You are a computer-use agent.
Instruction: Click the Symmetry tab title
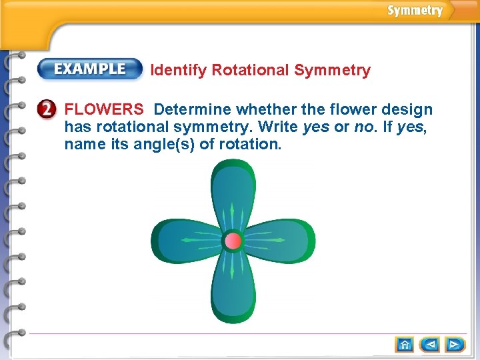(415, 11)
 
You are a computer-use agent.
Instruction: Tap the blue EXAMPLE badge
(90, 69)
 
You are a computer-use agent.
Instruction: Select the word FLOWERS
(103, 109)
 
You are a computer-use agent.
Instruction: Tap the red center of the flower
(233, 241)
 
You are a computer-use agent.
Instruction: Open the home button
(404, 345)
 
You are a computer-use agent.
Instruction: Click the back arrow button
(430, 345)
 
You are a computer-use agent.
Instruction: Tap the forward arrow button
(456, 345)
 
